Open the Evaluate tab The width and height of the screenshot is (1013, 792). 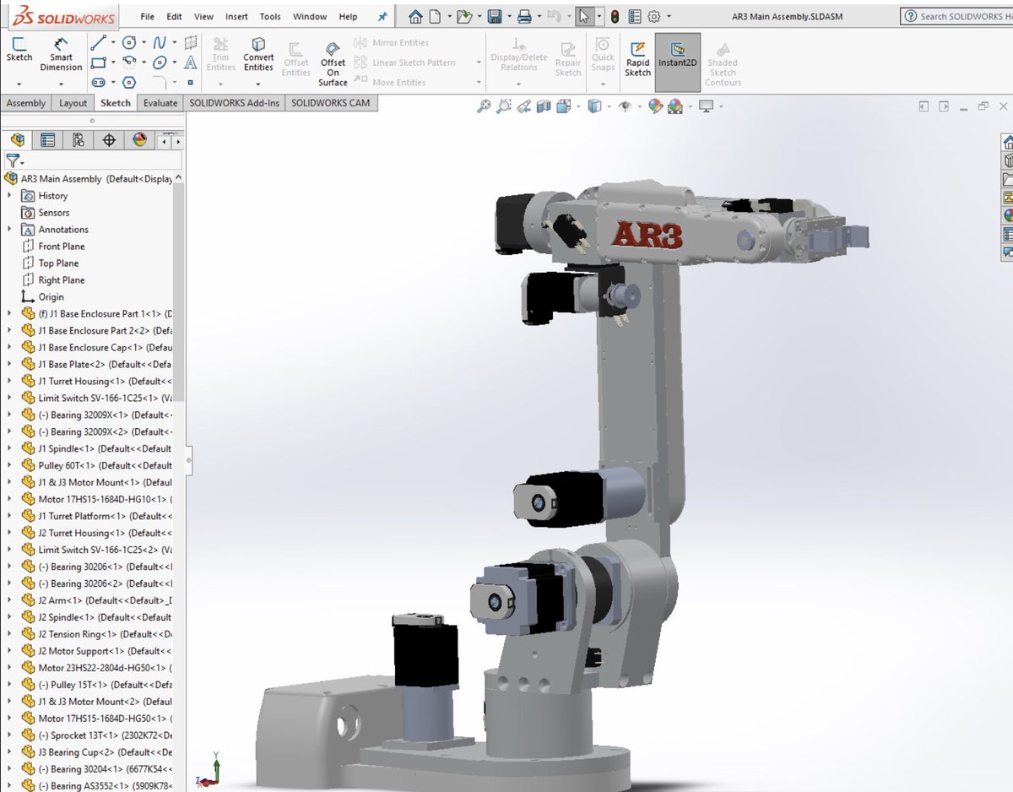(160, 103)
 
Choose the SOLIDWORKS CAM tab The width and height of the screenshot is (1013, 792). (331, 103)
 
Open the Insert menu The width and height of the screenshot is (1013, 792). (236, 16)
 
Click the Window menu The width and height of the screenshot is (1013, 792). (310, 16)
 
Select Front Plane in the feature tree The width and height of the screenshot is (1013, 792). (62, 247)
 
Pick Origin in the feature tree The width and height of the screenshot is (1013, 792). (51, 297)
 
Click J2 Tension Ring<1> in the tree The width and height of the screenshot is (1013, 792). (77, 634)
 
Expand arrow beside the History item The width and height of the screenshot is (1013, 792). (10, 196)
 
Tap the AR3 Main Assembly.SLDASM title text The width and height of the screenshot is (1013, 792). (783, 16)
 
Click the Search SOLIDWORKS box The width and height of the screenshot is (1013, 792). (958, 16)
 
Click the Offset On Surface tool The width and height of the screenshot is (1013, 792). (333, 62)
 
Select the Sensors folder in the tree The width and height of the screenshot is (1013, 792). (54, 213)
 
